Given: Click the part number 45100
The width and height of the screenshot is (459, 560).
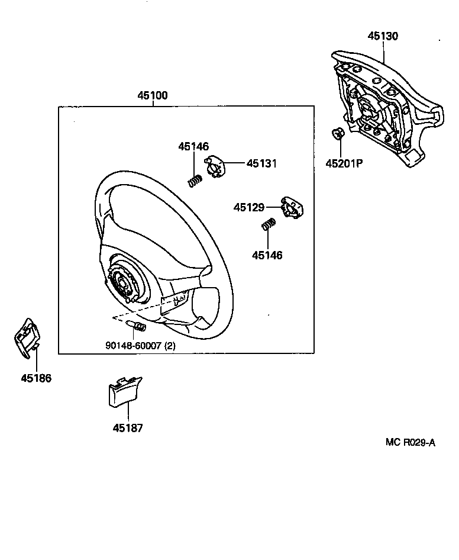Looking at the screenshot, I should coord(153,95).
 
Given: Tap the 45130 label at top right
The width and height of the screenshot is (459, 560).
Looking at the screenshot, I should coord(383,36).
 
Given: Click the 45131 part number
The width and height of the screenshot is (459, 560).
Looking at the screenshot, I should coord(261,164).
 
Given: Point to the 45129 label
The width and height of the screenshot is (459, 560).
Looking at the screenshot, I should coord(248,207).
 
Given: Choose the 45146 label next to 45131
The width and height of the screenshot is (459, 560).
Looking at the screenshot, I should coord(195,147).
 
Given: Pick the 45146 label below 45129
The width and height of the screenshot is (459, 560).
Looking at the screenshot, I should coord(267,256).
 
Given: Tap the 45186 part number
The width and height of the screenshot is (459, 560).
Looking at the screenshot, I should coord(36,378).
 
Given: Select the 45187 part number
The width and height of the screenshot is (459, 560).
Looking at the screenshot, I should coord(127,427).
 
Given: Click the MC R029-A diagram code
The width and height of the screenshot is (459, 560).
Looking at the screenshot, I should coord(410,442).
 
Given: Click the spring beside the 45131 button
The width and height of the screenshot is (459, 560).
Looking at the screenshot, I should coord(195,181).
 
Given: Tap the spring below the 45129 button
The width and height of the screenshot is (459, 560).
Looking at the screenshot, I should coord(269,225).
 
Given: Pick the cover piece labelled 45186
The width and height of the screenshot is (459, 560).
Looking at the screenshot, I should coord(25,338).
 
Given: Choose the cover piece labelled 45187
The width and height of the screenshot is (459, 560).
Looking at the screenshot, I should coord(124,392).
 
